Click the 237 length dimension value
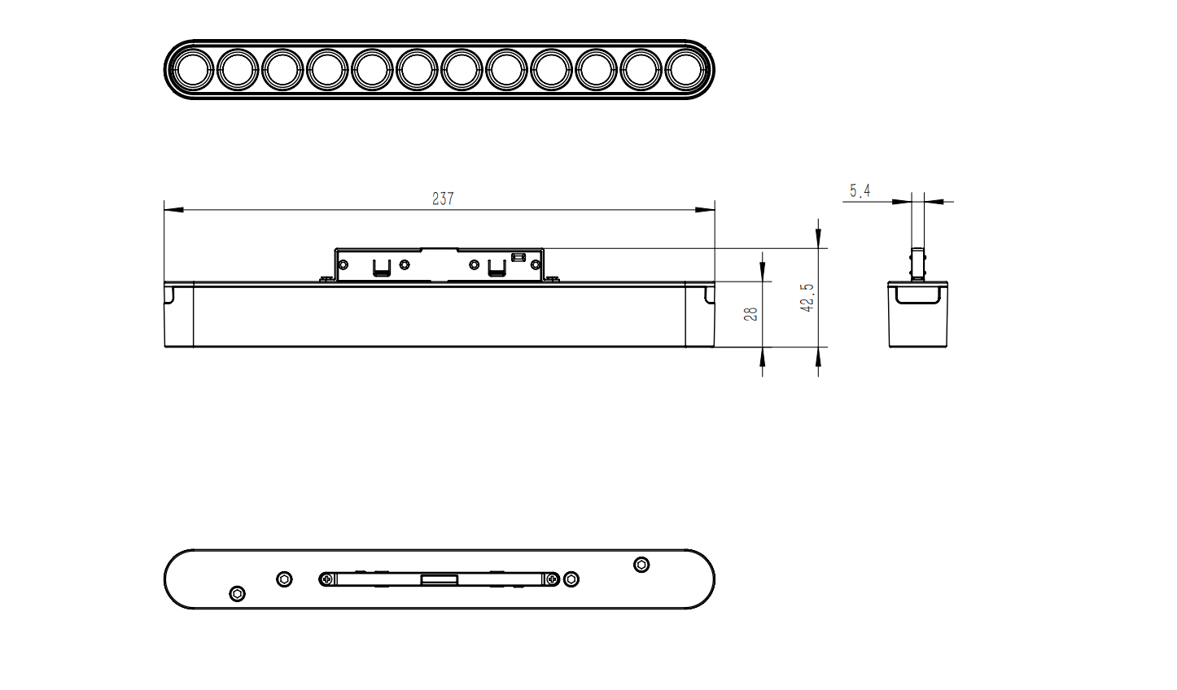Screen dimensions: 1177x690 pyautogui.click(x=443, y=199)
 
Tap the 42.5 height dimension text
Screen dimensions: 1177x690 pyautogui.click(x=807, y=298)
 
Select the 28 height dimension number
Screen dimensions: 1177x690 pyautogui.click(x=750, y=314)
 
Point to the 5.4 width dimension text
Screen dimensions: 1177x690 pyautogui.click(x=860, y=190)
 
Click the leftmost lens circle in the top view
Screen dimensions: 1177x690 pyautogui.click(x=193, y=69)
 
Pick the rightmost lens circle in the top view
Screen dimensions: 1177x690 pyautogui.click(x=685, y=69)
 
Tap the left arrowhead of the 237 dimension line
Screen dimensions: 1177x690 pyautogui.click(x=174, y=209)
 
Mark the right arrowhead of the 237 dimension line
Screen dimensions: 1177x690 pyautogui.click(x=705, y=209)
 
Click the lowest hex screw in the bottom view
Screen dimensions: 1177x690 pyautogui.click(x=238, y=594)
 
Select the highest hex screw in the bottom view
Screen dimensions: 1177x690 pyautogui.click(x=641, y=565)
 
